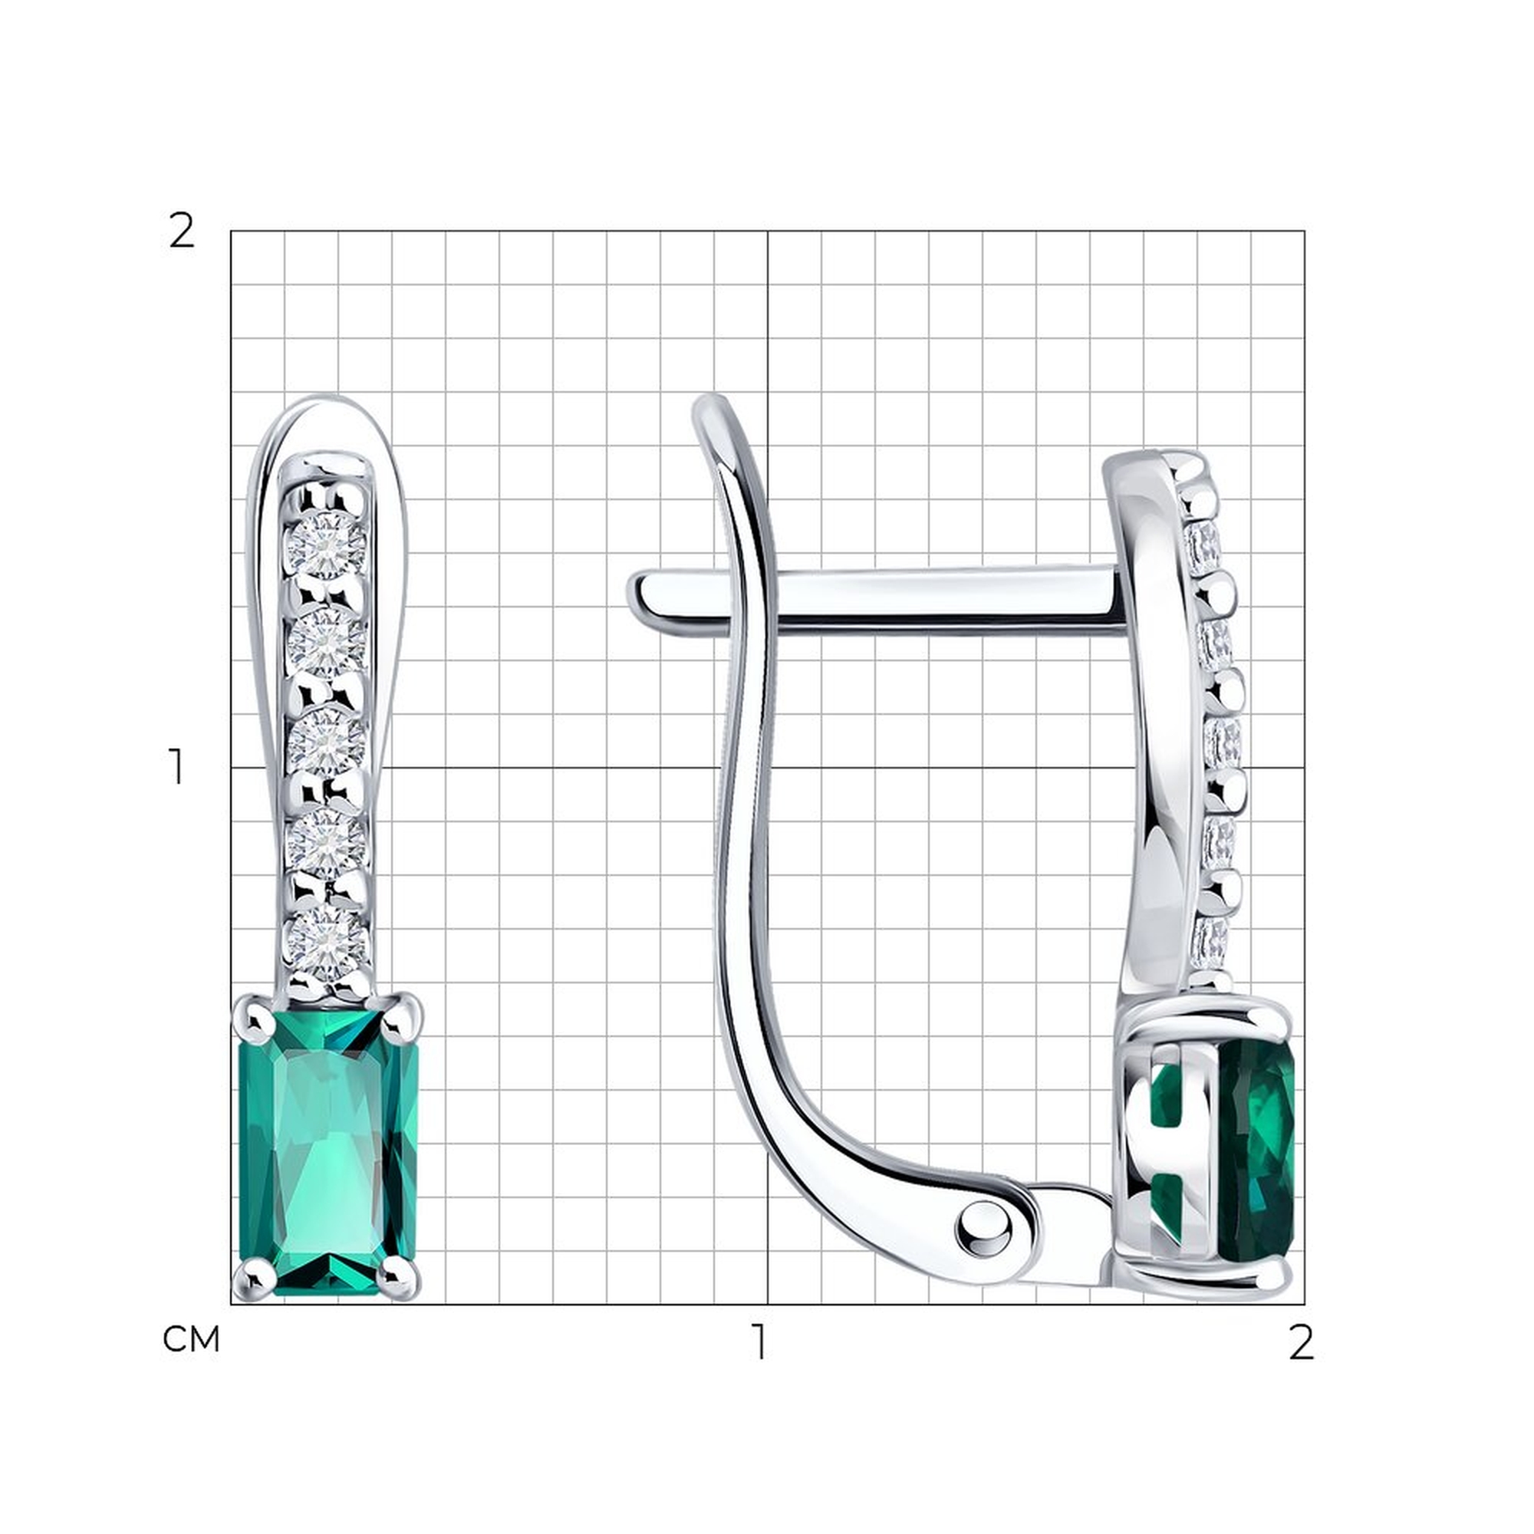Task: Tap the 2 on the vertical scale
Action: tap(182, 232)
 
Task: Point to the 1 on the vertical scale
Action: tap(176, 767)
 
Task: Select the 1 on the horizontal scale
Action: tap(760, 1341)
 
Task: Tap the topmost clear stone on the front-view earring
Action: tap(325, 543)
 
